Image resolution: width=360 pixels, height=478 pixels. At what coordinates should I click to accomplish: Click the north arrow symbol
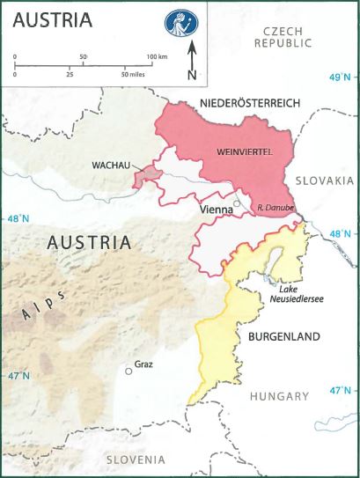pos(191,63)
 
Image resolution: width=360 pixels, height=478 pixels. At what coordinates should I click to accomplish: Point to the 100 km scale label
pos(156,56)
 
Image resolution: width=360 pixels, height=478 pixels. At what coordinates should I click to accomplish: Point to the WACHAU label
pos(106,165)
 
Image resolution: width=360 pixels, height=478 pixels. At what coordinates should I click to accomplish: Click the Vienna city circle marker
pos(236,204)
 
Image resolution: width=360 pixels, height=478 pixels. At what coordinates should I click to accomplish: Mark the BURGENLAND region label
pos(280,336)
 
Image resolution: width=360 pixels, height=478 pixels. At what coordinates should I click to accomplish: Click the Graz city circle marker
pos(129,371)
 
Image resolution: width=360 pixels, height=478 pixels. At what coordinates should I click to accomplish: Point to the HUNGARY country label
pos(279,396)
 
